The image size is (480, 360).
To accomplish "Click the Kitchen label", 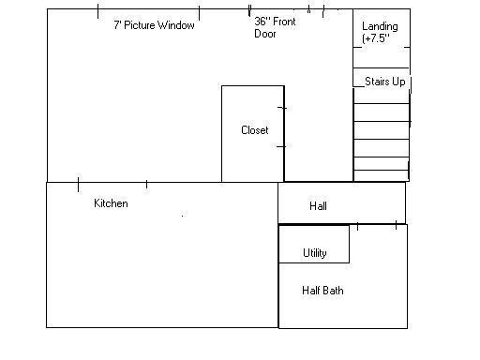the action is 111,203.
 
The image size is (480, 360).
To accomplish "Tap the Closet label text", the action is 255,130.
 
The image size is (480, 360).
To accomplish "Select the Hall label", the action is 318,206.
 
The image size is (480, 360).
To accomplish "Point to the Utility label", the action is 315,253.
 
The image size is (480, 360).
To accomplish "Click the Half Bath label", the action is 322,291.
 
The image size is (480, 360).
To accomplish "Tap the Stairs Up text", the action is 385,82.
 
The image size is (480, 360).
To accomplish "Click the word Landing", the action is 380,26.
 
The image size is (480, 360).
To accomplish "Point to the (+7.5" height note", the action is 376,38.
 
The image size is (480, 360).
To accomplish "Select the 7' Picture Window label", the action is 154,25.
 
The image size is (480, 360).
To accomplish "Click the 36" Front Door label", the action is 275,27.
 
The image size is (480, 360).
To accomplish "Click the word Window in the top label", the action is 176,25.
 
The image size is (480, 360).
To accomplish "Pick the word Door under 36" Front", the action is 265,34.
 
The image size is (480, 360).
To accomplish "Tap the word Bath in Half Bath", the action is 333,291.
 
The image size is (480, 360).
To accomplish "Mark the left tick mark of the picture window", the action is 98,11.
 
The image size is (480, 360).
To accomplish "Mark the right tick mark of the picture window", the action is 199,13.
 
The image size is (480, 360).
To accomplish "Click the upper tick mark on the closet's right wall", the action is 282,108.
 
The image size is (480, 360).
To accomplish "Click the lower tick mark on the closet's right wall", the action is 281,146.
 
